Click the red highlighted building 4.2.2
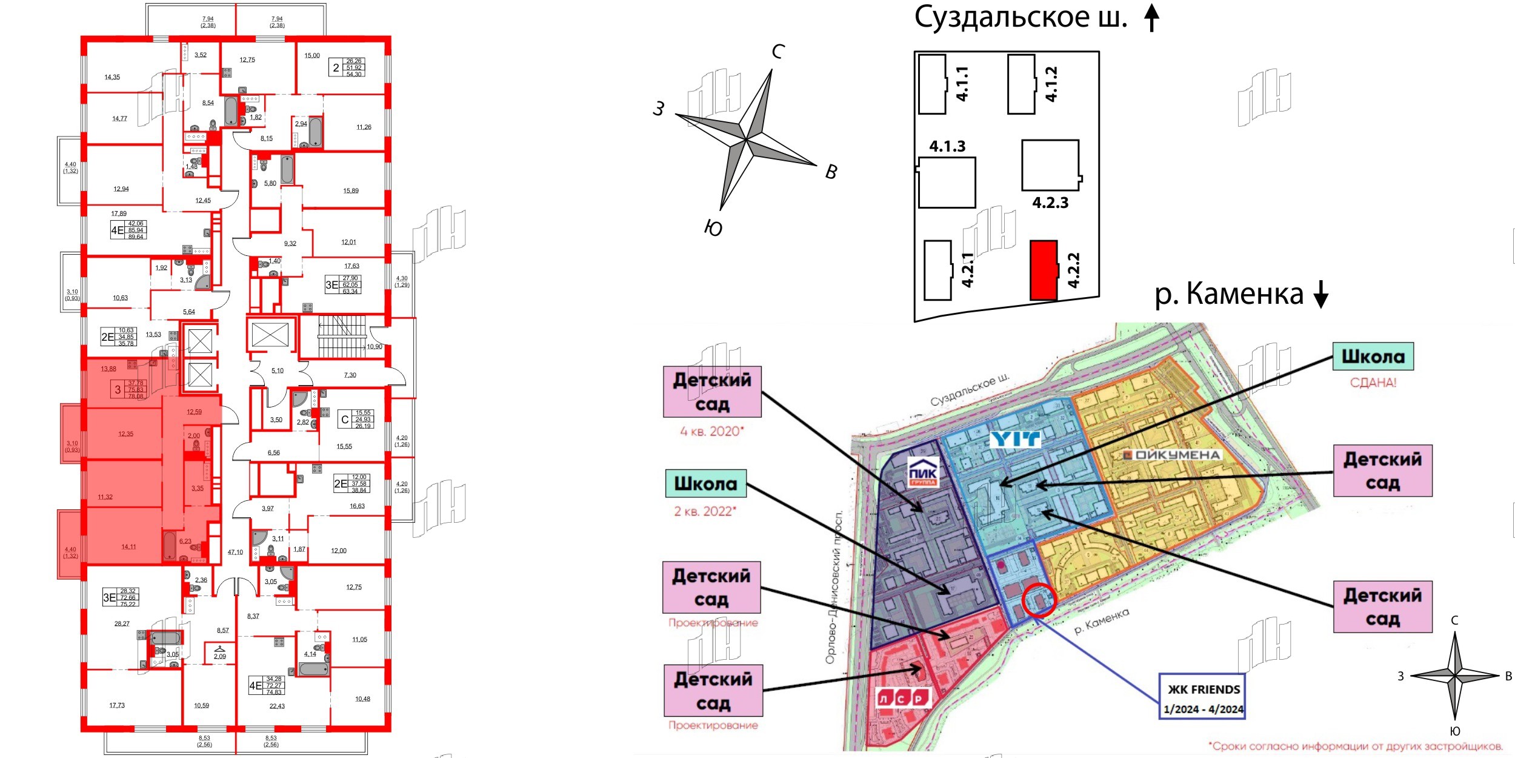(1044, 270)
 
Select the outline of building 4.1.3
(947, 183)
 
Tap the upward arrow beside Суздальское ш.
(1151, 18)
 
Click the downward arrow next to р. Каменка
(1320, 295)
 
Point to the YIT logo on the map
(1015, 438)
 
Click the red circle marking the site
(1039, 600)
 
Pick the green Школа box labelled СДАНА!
(1373, 357)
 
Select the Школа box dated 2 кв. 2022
(705, 484)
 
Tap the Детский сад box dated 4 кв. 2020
(712, 392)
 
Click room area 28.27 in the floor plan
(122, 623)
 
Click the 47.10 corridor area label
(235, 552)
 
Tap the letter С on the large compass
(778, 52)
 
